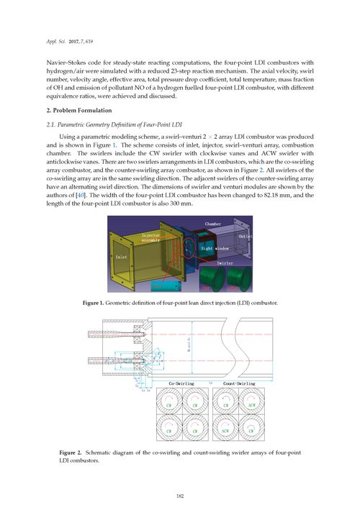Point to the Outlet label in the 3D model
[x=245, y=237]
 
